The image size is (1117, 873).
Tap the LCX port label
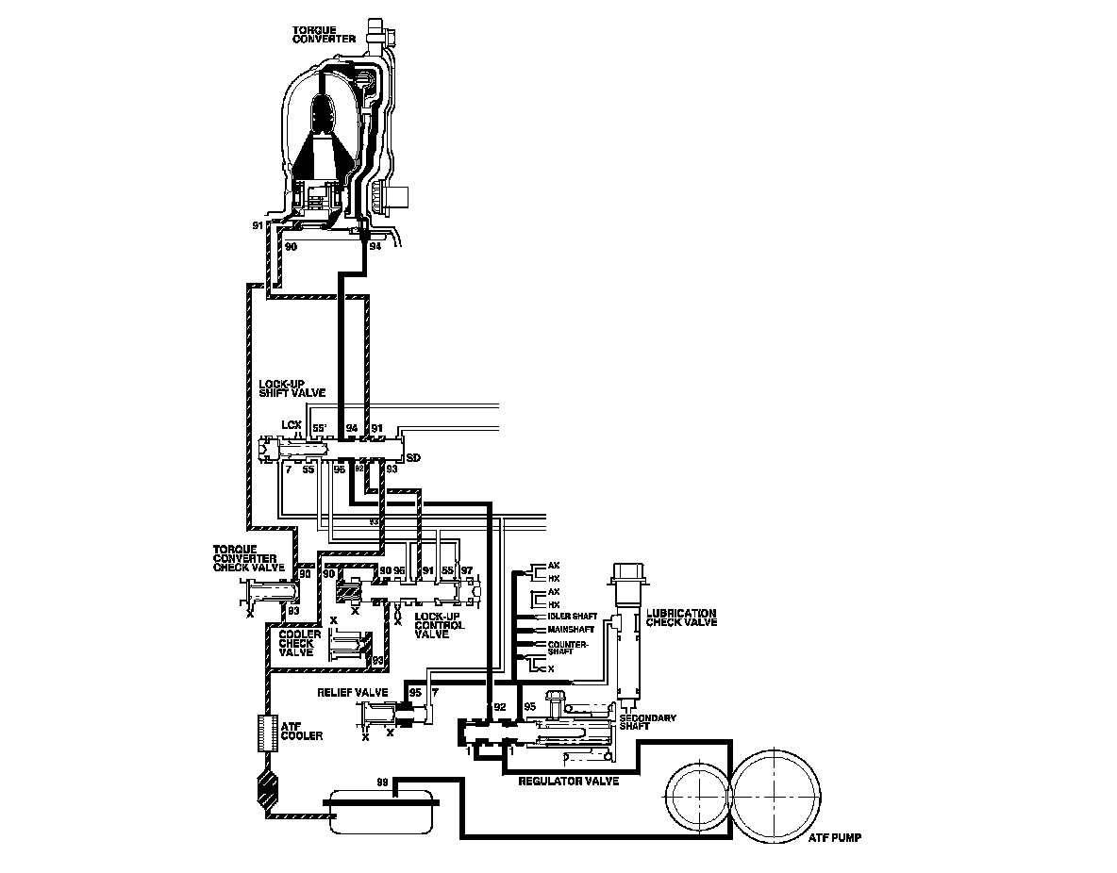[x=292, y=425]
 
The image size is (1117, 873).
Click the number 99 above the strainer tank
[x=382, y=782]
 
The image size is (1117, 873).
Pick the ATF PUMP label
[x=836, y=837]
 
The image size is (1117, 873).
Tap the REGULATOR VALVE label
[x=569, y=782]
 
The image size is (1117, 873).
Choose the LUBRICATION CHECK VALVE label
[x=681, y=618]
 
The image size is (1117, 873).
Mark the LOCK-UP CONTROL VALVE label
[x=440, y=626]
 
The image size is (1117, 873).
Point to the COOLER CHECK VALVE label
[x=300, y=643]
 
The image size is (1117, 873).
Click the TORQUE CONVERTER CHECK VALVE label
[x=249, y=557]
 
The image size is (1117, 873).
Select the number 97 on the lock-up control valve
[x=466, y=571]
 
